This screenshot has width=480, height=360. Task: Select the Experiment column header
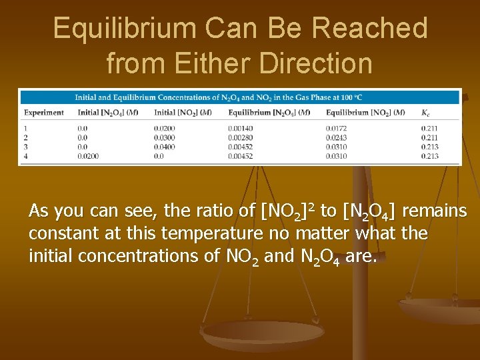43,113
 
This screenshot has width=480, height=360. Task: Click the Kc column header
426,113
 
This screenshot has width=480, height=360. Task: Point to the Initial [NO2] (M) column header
183,113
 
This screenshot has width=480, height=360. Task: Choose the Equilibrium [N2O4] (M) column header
269,113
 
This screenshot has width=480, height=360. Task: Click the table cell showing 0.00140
240,128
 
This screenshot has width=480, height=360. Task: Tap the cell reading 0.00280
240,137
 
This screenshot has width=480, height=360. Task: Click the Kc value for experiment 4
430,156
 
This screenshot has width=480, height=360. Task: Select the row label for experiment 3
25,147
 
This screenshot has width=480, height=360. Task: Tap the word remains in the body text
434,211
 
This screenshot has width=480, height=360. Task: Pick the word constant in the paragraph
58,234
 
